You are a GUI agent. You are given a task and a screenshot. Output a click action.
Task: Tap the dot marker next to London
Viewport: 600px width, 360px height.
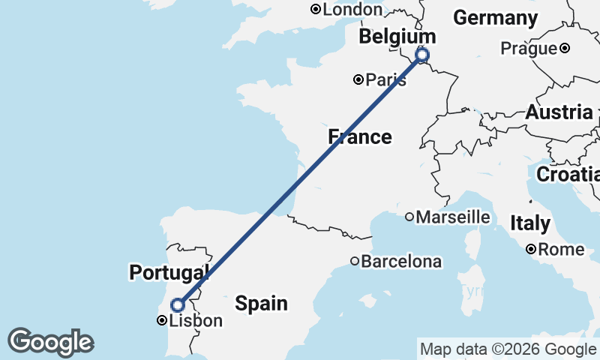[x=316, y=9]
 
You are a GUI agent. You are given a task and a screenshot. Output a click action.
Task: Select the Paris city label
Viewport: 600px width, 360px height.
[x=386, y=79]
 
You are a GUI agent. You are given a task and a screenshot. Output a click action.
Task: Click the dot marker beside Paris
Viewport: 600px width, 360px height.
[x=358, y=79]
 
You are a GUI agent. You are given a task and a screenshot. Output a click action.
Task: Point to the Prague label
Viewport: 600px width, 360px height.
[x=529, y=49]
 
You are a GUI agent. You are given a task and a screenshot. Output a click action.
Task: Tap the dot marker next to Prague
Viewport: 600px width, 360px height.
[x=565, y=49]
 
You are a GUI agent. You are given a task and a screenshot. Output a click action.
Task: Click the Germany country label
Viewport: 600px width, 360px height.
[x=496, y=18]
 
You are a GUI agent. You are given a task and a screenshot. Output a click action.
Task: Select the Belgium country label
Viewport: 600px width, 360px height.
[x=397, y=37]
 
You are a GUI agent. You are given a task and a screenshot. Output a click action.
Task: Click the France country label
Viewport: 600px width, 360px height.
[x=360, y=136]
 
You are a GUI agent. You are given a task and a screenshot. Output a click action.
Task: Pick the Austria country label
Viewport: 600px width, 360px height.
[x=559, y=112]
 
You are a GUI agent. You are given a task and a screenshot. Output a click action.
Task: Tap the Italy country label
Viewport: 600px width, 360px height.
[x=530, y=223]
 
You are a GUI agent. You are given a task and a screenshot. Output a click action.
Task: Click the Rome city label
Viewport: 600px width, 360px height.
[x=556, y=249]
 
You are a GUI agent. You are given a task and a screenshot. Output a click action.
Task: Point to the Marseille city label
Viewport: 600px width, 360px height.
[x=453, y=217]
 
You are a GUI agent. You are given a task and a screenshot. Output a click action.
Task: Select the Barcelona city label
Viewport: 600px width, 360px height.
[x=401, y=262]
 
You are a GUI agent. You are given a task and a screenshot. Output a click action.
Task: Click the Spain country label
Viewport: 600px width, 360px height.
[x=261, y=303]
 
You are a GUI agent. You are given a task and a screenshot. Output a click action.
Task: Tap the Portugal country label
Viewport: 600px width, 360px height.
[x=169, y=272]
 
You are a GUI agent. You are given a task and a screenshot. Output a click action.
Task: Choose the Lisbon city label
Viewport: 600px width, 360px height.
[x=196, y=321]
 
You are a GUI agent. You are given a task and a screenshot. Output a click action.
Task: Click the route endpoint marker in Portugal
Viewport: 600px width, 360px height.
[x=178, y=304]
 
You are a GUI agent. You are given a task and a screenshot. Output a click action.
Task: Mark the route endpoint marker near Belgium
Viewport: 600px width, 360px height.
[x=422, y=55]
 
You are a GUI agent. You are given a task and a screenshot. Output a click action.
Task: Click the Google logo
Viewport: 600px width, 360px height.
[x=50, y=342]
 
